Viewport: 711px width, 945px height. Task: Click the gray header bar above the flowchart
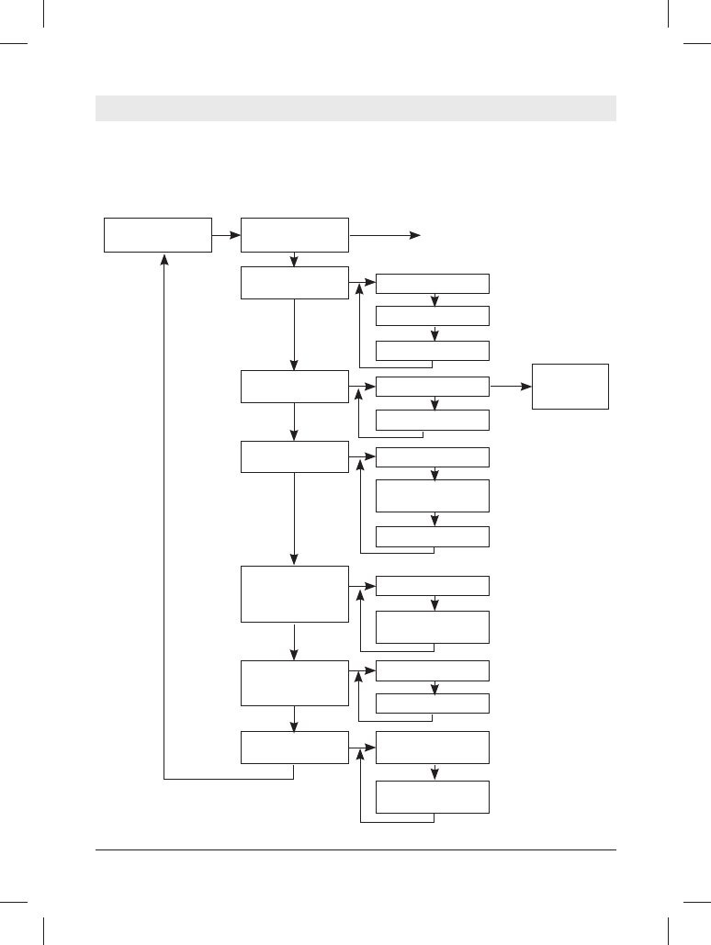click(355, 108)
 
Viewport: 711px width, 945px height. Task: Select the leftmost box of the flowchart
click(158, 234)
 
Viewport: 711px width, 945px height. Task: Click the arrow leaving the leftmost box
click(226, 235)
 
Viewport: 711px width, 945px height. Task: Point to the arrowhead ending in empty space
click(415, 236)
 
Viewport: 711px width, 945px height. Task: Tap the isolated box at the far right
click(570, 387)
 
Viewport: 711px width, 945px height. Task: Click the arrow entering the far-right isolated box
click(510, 387)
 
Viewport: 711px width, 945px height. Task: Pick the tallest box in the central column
click(295, 594)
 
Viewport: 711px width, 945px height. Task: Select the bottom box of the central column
click(295, 748)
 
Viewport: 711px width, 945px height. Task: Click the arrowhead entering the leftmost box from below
click(164, 260)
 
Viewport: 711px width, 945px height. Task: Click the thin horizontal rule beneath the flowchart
click(355, 850)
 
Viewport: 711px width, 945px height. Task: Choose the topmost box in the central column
click(295, 234)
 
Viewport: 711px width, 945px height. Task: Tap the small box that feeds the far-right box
click(433, 387)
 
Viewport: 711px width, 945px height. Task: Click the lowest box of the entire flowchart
click(433, 796)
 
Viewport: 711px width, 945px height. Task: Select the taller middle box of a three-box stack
click(433, 496)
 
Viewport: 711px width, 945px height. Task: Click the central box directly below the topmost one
click(295, 283)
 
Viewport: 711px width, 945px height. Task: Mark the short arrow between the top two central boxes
click(295, 259)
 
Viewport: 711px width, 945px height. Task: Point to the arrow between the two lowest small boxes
click(434, 771)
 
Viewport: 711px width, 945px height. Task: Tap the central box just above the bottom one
click(295, 682)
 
